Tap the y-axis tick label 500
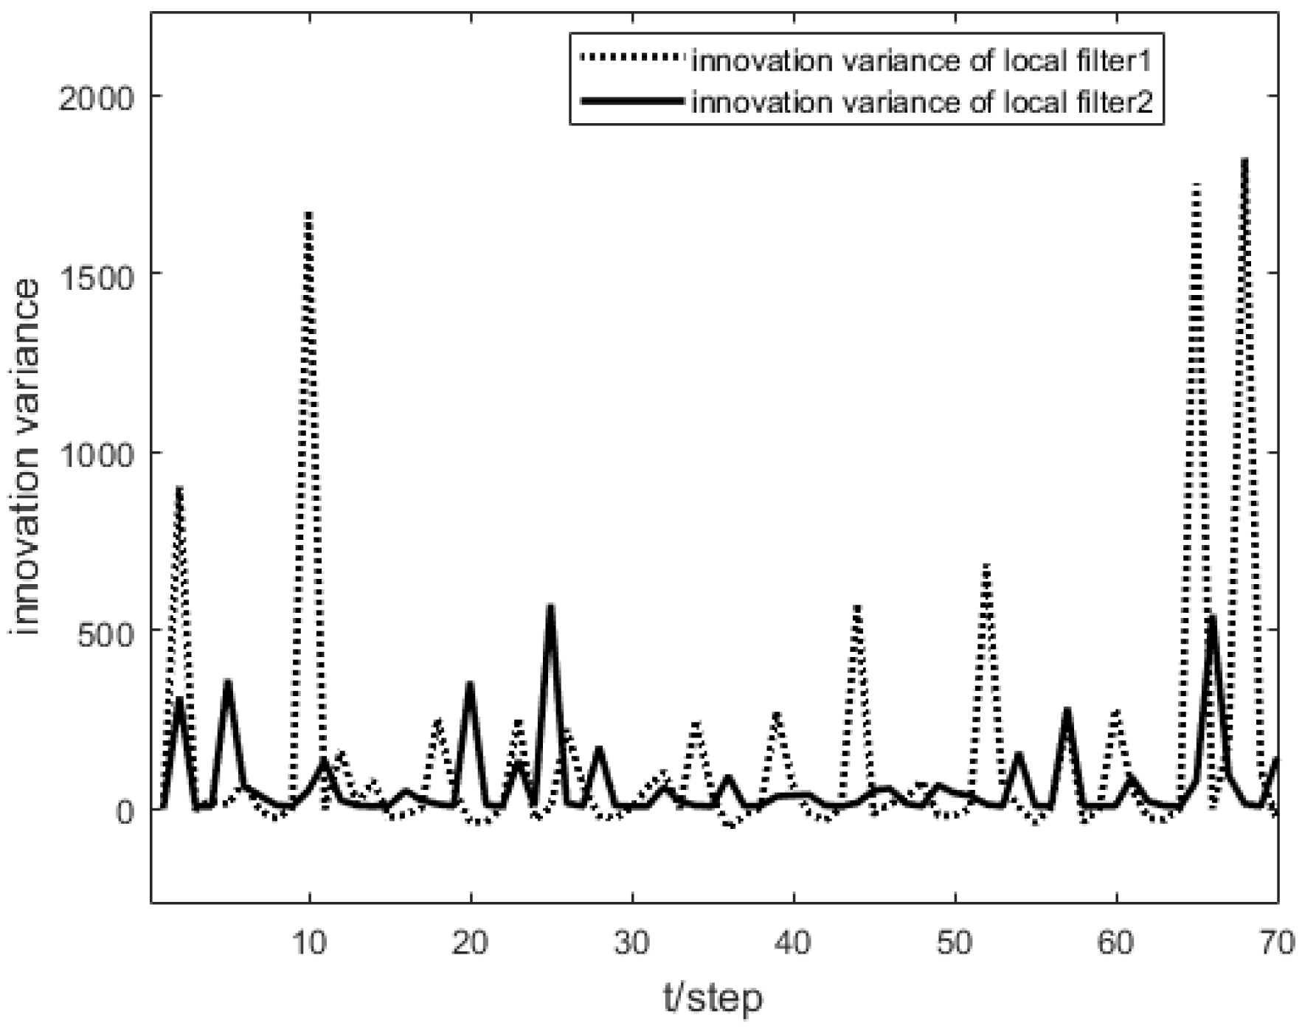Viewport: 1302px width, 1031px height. click(107, 631)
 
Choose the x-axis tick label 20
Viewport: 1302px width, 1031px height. click(471, 943)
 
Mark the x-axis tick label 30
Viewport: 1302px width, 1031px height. click(632, 943)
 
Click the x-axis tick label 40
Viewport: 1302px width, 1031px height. click(794, 943)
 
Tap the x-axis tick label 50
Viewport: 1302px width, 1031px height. click(955, 943)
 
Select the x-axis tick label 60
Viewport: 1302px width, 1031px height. click(1116, 943)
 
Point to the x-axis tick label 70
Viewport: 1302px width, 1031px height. click(1276, 943)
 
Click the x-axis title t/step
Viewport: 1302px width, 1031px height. click(713, 999)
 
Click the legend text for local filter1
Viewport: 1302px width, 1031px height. click(921, 60)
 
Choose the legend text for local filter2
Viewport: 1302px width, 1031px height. click(921, 102)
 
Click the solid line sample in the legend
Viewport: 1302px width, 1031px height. click(631, 101)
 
